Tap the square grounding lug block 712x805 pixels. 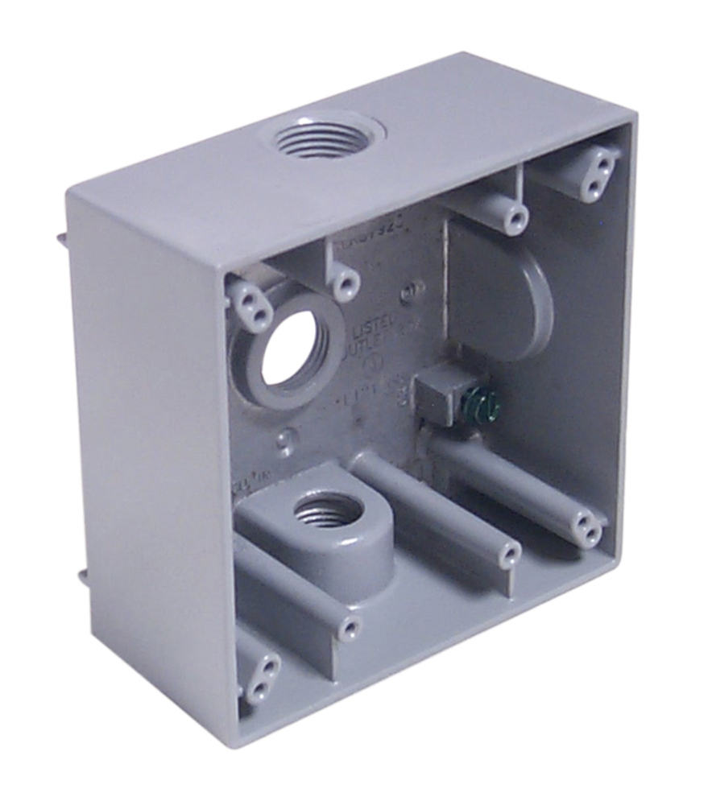click(x=441, y=392)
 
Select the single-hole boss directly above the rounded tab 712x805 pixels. click(x=512, y=217)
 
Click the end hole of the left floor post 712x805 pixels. click(x=348, y=625)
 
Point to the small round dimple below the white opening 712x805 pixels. click(x=284, y=440)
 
